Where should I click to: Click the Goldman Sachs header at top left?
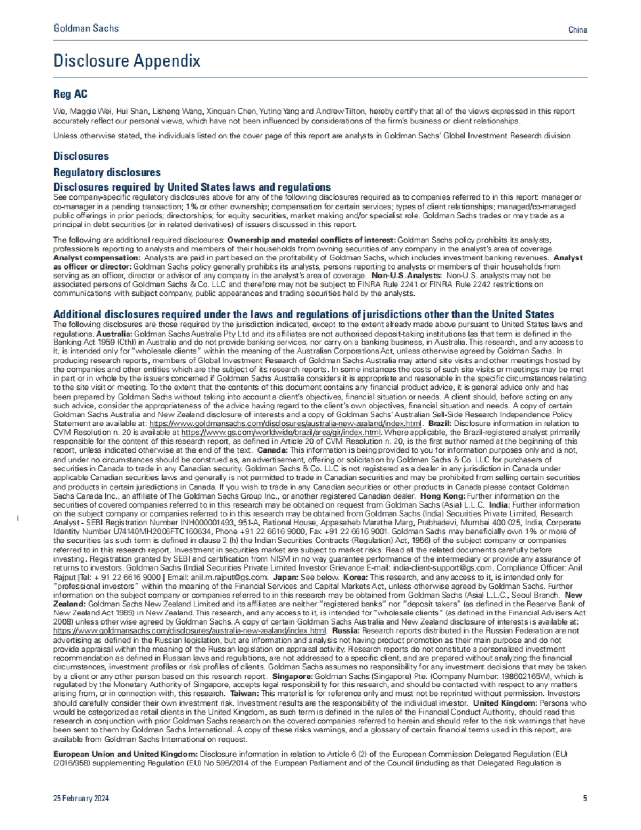[86, 28]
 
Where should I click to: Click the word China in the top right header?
[578, 30]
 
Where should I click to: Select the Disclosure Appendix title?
[127, 61]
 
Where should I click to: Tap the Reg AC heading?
[70, 94]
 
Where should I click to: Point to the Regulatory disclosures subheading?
[107, 172]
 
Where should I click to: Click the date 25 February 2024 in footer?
[81, 799]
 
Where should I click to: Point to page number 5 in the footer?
[585, 799]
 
